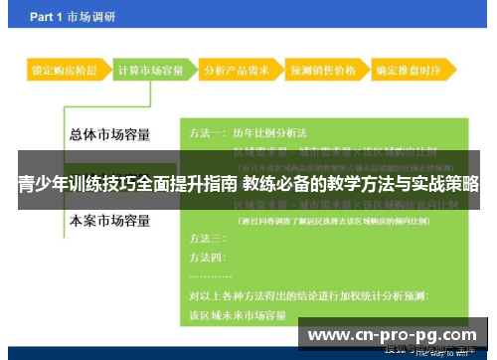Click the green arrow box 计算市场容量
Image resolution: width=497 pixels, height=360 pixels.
click(x=150, y=72)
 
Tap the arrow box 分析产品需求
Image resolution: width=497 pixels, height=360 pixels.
click(x=236, y=72)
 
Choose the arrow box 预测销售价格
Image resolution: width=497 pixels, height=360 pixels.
click(x=322, y=72)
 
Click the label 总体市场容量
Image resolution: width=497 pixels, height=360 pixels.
click(x=111, y=134)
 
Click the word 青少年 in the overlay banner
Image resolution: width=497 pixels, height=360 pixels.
click(x=43, y=184)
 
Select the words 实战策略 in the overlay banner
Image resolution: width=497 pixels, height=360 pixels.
click(x=446, y=184)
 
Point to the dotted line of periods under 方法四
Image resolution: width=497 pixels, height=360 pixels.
click(x=211, y=275)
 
